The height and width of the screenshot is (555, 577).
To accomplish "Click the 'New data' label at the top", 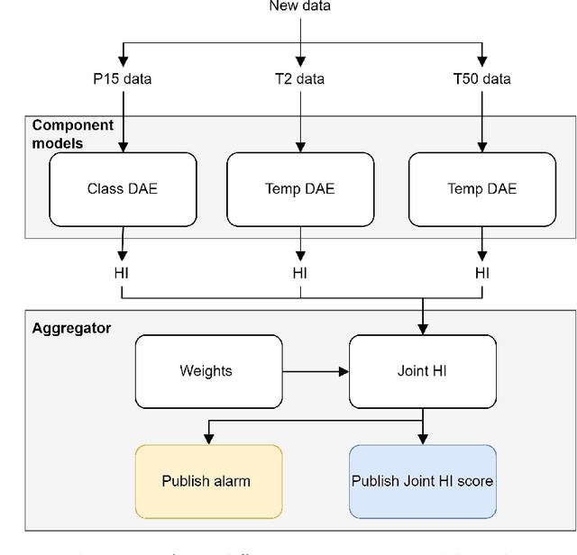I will click(x=299, y=6).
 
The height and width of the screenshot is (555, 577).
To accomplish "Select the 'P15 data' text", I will click(x=122, y=79).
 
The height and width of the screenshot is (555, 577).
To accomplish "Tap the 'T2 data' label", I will click(x=299, y=79).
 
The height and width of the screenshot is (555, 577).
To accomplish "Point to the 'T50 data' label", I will click(x=481, y=79).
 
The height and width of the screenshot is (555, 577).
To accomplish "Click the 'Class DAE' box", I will click(x=122, y=189).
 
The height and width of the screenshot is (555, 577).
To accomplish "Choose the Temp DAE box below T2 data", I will click(x=299, y=189).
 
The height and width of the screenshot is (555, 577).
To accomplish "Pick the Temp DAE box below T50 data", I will click(x=481, y=189).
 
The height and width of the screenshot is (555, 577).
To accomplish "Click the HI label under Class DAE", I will click(x=122, y=273).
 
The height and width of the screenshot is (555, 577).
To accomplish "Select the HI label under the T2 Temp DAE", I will click(x=299, y=273).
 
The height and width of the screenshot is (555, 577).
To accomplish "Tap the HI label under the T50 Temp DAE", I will click(x=481, y=273).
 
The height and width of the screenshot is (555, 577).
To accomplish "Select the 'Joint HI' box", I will click(x=422, y=371).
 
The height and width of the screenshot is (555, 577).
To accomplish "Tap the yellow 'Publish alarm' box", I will click(x=208, y=481).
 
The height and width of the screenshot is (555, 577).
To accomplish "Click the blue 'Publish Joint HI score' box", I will click(x=422, y=481).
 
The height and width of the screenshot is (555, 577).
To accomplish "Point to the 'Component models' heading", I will click(x=72, y=134).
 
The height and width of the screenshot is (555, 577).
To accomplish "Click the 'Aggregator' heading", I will click(x=71, y=329).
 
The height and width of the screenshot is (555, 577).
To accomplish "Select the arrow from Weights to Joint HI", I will click(x=315, y=371).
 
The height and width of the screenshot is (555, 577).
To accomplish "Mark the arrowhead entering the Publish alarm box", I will click(x=208, y=439).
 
